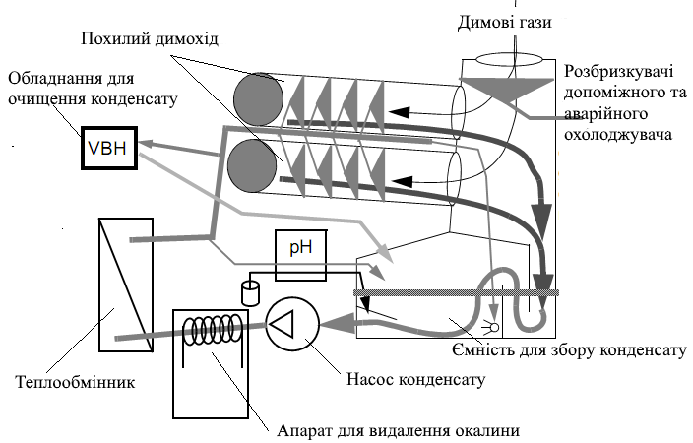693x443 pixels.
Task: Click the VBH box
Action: [x=109, y=148]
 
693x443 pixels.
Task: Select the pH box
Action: [x=301, y=255]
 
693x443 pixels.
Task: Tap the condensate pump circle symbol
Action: [x=292, y=324]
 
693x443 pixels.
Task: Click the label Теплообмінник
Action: [x=75, y=382]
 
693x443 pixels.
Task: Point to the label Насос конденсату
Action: [x=415, y=379]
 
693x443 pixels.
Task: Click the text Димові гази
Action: [x=504, y=22]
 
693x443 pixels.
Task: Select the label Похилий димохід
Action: [x=150, y=38]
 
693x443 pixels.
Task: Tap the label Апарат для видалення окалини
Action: [x=399, y=430]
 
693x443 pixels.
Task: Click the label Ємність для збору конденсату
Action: [x=569, y=349]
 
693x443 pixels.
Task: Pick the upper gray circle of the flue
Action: [x=259, y=99]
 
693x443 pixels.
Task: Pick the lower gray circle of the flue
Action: [x=252, y=165]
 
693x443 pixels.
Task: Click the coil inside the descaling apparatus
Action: [x=213, y=330]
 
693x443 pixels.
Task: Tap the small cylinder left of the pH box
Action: [x=250, y=292]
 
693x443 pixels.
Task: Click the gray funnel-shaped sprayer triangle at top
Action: [x=507, y=89]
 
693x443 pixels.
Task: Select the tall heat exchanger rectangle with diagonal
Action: [x=126, y=285]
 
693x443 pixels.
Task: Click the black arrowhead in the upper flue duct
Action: [x=400, y=113]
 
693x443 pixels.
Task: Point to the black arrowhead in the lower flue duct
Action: [x=403, y=181]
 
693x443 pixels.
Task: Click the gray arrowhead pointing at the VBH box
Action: [x=147, y=144]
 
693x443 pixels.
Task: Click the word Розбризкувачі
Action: [x=618, y=71]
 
